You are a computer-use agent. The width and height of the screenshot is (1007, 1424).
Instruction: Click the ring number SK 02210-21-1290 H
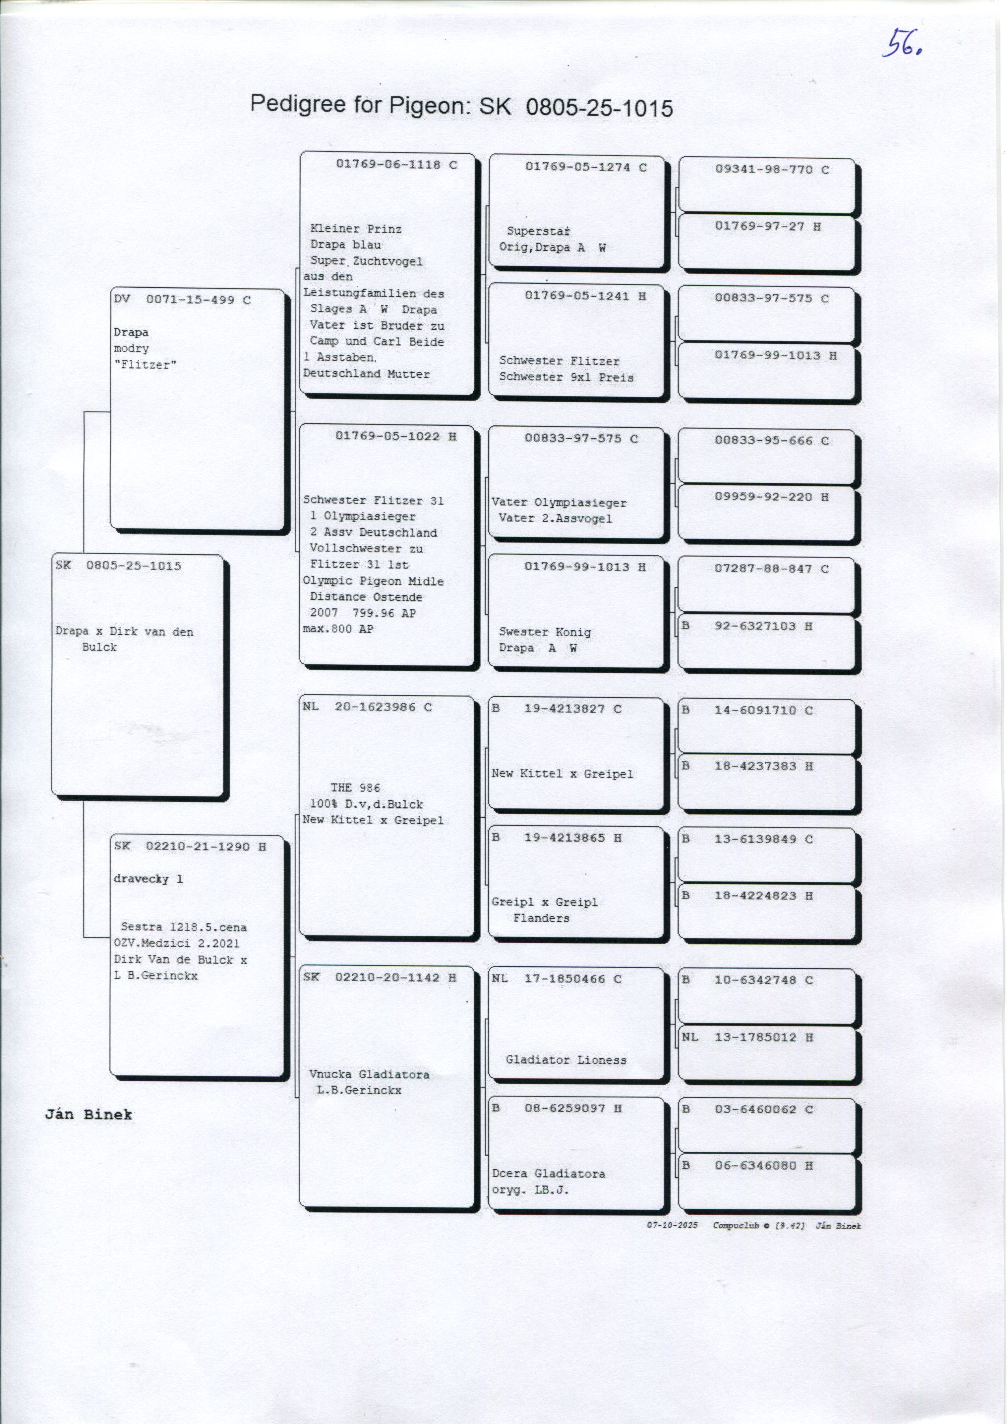click(x=190, y=847)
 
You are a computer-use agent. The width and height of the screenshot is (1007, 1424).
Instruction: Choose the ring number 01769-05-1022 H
click(x=396, y=436)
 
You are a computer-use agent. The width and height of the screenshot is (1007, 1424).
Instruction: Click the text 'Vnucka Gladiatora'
click(x=369, y=1074)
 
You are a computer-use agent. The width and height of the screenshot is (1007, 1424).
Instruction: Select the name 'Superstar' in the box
click(x=538, y=231)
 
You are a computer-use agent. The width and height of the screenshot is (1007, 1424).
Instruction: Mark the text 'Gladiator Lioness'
click(x=566, y=1060)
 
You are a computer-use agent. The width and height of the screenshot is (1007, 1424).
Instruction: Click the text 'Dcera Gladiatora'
click(x=548, y=1174)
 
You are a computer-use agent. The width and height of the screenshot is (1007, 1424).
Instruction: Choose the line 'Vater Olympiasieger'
click(x=559, y=502)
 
